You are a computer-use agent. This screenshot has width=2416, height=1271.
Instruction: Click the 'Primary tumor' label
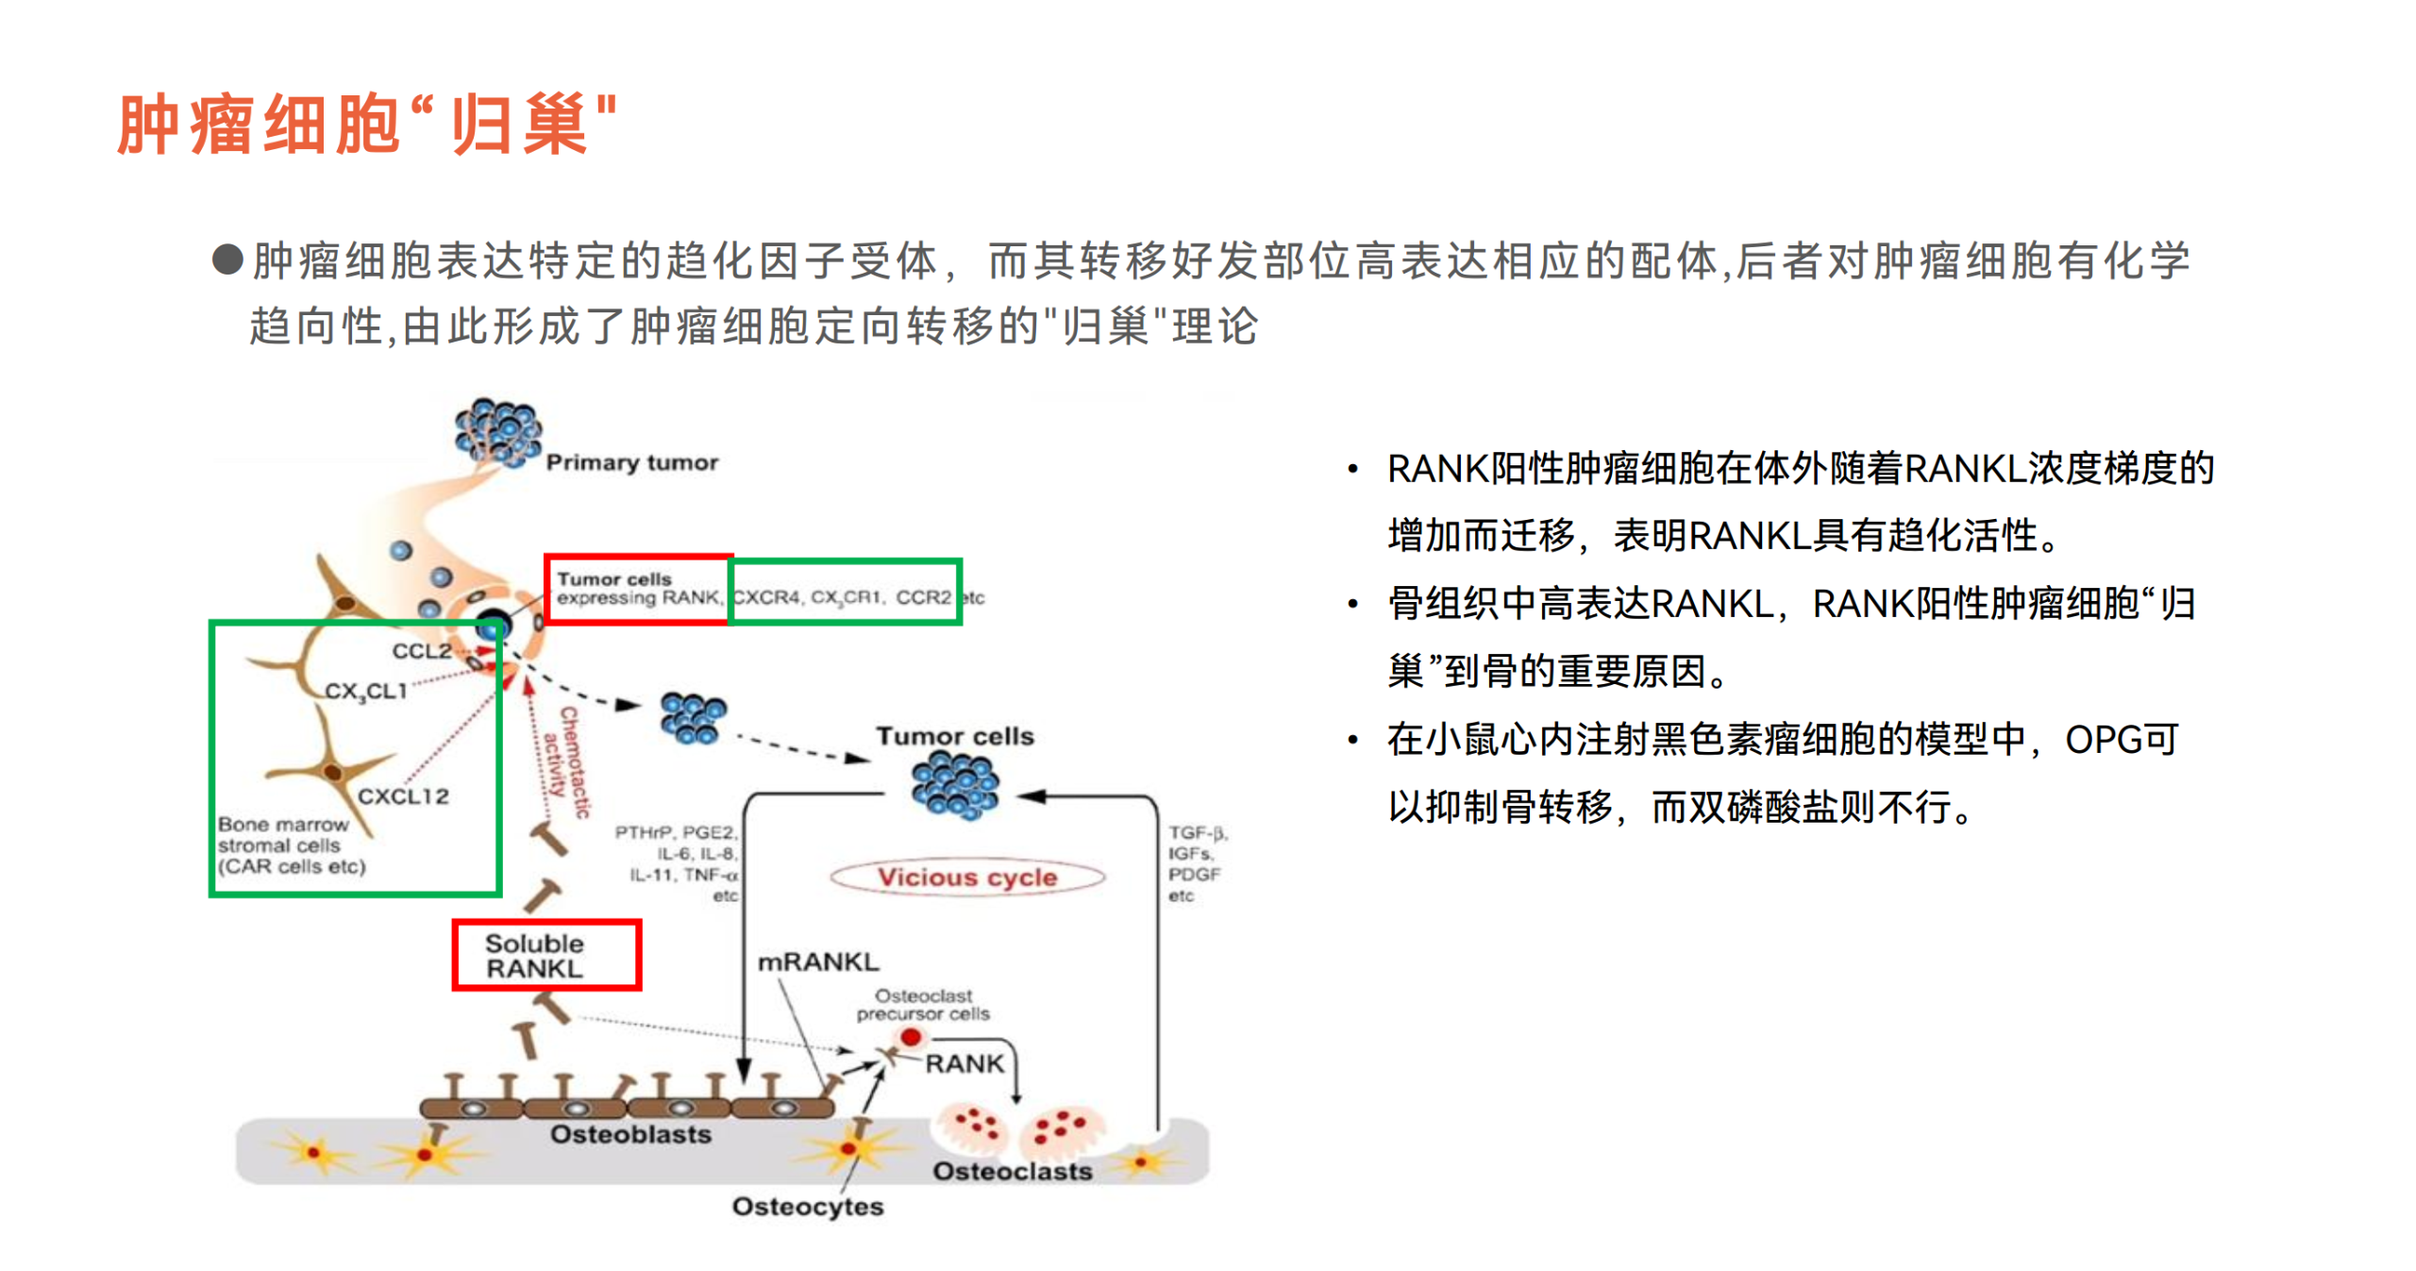[x=631, y=462]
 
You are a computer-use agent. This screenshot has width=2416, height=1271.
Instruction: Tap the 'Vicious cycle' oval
[x=966, y=877]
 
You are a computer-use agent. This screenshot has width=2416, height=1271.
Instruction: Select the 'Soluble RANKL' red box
[x=545, y=955]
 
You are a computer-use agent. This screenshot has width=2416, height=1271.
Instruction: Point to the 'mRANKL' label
[x=817, y=962]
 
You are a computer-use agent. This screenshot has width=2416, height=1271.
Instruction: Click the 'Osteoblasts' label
[x=630, y=1133]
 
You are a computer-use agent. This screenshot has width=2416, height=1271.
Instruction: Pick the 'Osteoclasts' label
[x=1012, y=1170]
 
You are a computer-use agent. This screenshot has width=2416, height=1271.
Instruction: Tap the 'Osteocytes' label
[x=807, y=1206]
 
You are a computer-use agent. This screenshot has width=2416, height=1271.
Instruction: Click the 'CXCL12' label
[x=403, y=795]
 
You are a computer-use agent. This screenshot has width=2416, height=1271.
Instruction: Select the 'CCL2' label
[x=421, y=650]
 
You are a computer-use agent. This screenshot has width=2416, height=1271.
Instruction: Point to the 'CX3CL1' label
[x=366, y=691]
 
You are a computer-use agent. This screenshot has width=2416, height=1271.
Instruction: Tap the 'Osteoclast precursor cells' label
[x=922, y=1004]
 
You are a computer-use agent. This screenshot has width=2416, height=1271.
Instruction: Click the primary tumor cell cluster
[x=497, y=432]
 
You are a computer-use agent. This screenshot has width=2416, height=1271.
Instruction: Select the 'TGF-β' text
[x=1197, y=832]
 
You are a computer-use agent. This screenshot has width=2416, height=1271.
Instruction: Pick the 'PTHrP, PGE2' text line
[x=675, y=831]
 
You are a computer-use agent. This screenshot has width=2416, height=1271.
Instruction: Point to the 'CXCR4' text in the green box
[x=766, y=597]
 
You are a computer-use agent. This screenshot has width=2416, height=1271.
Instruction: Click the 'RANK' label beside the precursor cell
[x=964, y=1063]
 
